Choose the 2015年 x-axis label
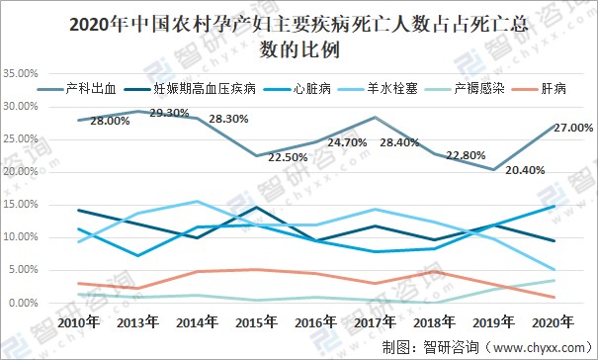pyautogui.click(x=257, y=323)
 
